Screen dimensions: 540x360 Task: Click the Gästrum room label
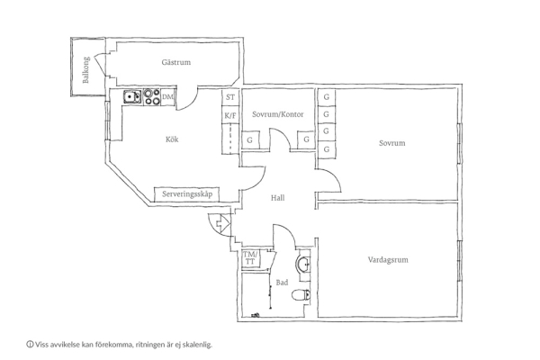(176, 62)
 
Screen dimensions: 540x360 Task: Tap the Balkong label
(85, 70)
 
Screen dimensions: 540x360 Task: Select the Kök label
(172, 139)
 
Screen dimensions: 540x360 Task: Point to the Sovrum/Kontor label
(278, 114)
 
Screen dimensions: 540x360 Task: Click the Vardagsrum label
(388, 260)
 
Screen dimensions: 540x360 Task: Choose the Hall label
(277, 198)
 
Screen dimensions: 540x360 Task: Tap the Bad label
(282, 283)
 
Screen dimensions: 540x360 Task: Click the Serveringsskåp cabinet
(187, 194)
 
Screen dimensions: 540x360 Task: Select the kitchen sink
(132, 96)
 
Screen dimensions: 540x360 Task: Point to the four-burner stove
(151, 97)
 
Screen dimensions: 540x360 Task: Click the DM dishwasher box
(168, 97)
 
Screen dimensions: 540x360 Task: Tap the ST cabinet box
(230, 97)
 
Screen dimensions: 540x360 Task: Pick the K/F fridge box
(230, 115)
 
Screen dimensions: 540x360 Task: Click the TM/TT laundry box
(250, 258)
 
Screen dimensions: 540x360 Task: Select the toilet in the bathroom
(301, 295)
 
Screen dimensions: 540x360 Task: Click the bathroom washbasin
(303, 265)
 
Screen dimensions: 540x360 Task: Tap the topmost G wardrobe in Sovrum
(326, 97)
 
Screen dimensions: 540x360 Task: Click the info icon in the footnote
(30, 344)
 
